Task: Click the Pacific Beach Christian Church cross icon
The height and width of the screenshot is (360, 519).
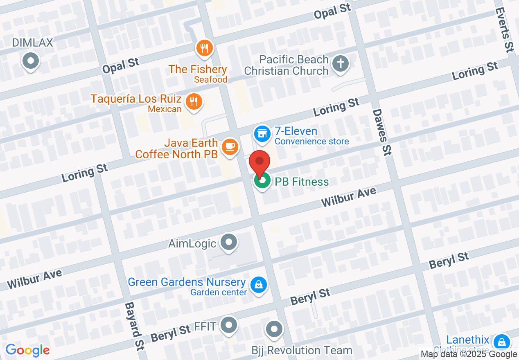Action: [x=340, y=63]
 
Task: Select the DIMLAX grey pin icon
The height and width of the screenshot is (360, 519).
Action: [x=30, y=61]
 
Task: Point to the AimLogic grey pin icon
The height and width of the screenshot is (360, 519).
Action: [x=228, y=242]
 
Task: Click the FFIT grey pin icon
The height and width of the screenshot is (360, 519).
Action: [x=228, y=326]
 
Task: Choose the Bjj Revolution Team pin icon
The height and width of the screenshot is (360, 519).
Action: [x=274, y=329]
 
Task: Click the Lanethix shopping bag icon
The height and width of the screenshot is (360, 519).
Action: [x=501, y=342]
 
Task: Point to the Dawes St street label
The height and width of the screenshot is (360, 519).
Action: [x=382, y=132]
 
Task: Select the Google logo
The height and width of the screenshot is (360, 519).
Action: [x=27, y=350]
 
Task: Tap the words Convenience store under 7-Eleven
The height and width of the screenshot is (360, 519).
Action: [x=311, y=142]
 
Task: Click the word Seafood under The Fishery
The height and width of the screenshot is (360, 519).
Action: [x=210, y=80]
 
